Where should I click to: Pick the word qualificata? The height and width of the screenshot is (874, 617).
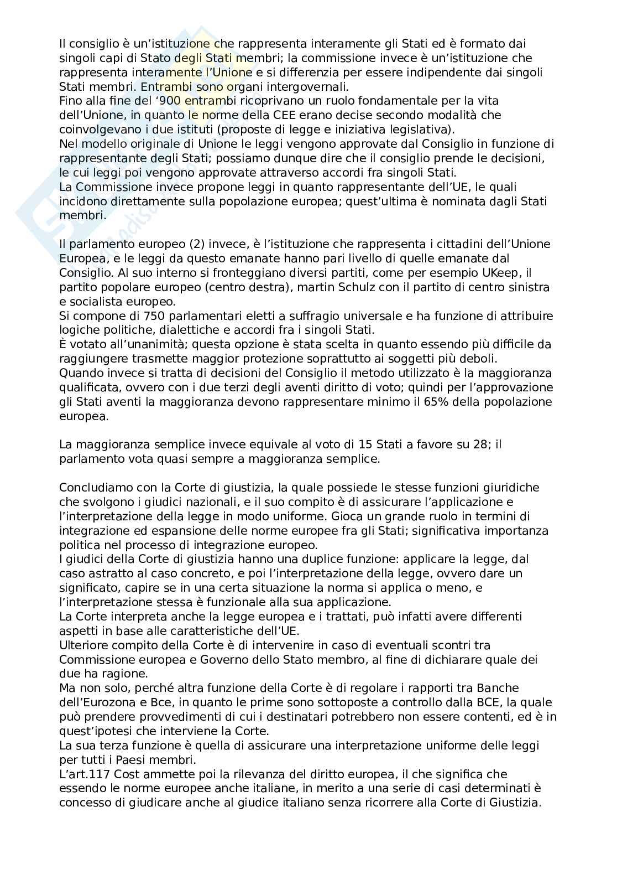pos(90,387)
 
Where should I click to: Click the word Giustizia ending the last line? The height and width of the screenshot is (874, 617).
pos(514,803)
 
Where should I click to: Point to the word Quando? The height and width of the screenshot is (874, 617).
pos(80,373)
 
